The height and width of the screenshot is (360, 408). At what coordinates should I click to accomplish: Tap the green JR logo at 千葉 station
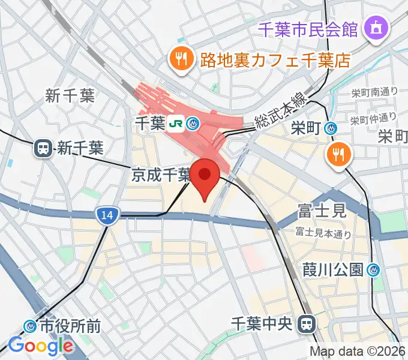tap(176, 124)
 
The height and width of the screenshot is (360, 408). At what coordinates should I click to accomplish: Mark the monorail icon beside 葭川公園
tap(374, 270)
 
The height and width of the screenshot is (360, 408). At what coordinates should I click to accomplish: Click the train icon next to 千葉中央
tap(308, 324)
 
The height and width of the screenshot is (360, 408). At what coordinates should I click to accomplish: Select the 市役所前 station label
tap(70, 326)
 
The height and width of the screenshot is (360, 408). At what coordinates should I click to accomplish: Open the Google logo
tap(40, 346)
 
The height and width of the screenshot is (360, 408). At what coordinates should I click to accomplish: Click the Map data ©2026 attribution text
tap(358, 351)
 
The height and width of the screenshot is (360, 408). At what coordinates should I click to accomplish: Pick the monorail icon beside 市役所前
tap(29, 326)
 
